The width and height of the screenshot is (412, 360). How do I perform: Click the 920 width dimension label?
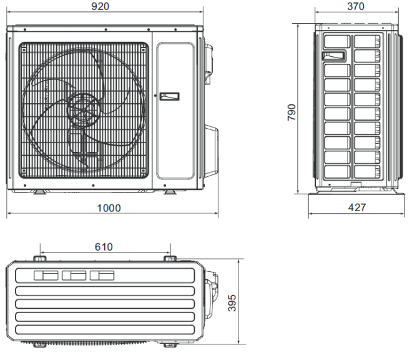click(x=100, y=6)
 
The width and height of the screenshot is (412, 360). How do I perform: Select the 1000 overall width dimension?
click(x=109, y=208)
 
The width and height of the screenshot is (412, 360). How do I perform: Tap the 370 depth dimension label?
click(x=356, y=6)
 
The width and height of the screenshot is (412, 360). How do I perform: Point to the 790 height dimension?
click(x=292, y=112)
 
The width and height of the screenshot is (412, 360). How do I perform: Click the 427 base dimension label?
click(x=357, y=207)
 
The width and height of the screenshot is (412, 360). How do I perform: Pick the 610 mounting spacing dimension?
click(x=104, y=247)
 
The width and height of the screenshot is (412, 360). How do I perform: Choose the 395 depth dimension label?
click(x=232, y=303)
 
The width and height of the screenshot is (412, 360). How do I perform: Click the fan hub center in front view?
click(x=83, y=110)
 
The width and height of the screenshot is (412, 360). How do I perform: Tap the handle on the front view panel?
click(x=169, y=96)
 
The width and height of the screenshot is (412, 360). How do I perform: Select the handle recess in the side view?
click(x=334, y=56)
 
